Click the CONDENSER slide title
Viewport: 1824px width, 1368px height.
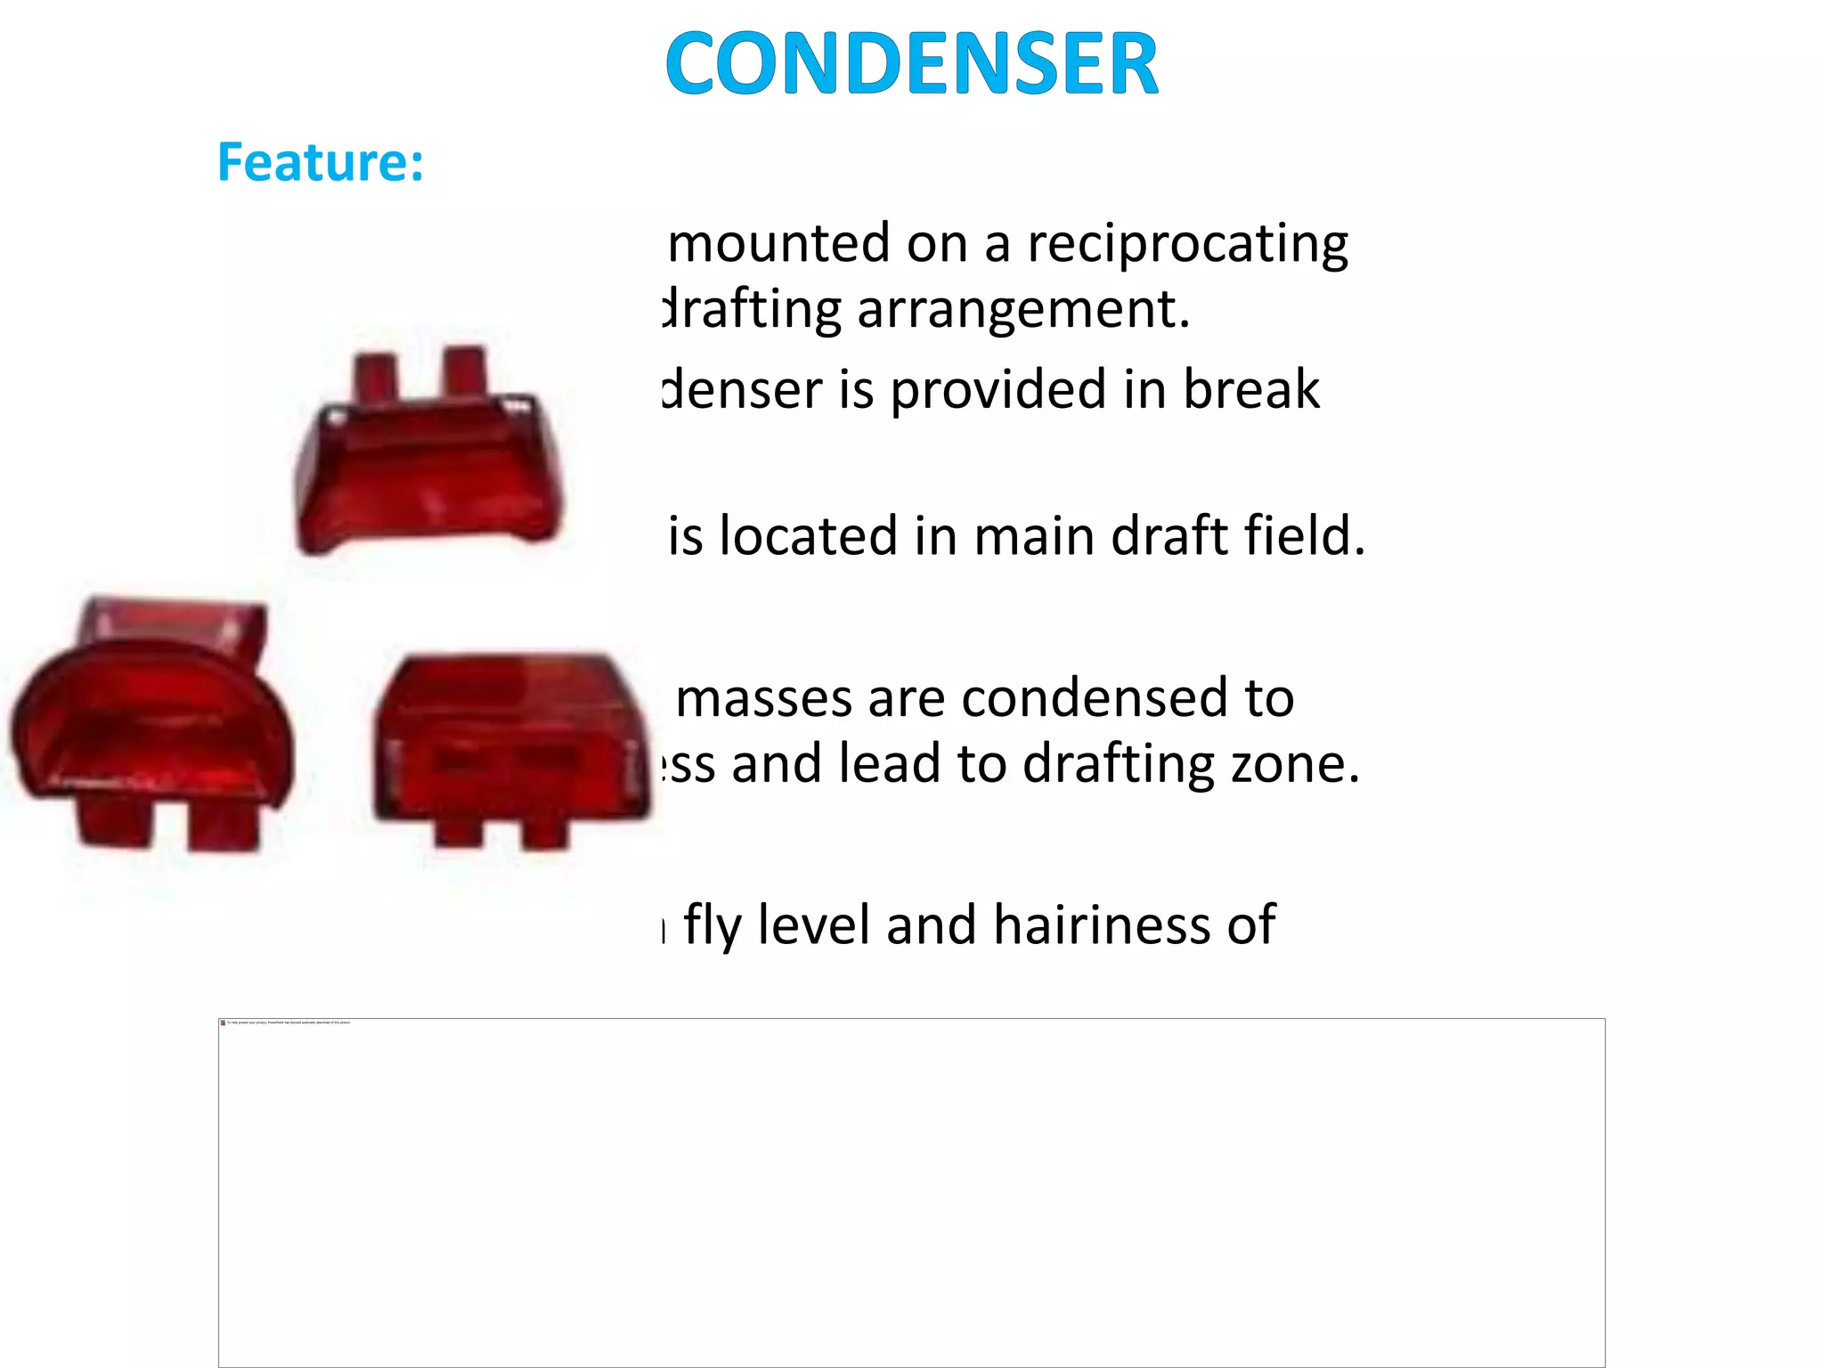[x=911, y=63]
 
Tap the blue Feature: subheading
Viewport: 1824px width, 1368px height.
[x=321, y=162]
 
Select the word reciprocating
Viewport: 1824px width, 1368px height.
[x=1188, y=244]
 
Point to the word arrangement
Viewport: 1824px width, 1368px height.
[x=1023, y=310]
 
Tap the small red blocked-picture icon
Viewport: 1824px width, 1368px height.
[x=223, y=1022]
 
